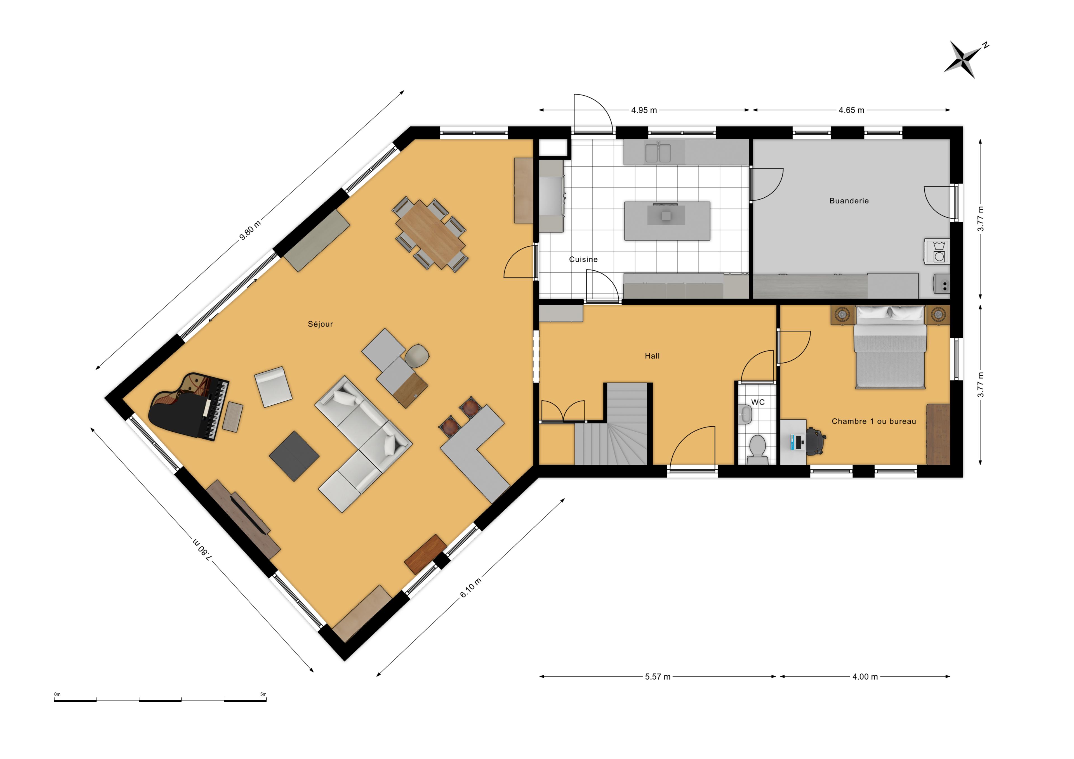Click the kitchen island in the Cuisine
(667, 221)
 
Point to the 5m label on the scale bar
(263, 694)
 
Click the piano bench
(232, 417)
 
